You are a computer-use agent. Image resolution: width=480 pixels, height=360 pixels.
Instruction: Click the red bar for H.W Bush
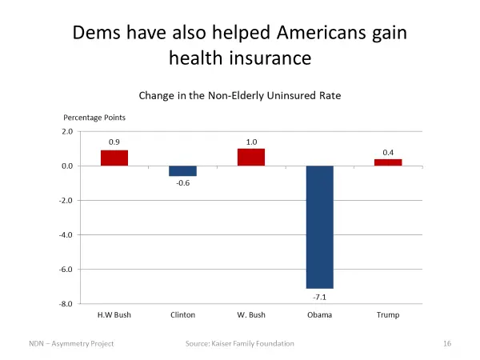[x=114, y=158]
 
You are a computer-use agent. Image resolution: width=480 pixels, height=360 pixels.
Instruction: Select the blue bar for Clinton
[x=182, y=170]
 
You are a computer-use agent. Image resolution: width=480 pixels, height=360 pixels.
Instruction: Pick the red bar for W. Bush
[x=251, y=157]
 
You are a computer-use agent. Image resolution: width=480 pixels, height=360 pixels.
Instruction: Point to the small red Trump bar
[x=388, y=162]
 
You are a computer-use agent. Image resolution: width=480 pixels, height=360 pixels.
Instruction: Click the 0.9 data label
[x=114, y=142]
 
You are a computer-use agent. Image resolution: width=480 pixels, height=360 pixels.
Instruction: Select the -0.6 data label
[x=182, y=183]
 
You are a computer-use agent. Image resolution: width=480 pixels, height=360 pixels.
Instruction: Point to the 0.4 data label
[x=388, y=152]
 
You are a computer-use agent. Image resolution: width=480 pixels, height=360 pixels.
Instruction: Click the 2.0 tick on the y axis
[x=66, y=131]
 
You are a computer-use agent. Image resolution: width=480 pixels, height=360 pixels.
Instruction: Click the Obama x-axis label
[x=319, y=315]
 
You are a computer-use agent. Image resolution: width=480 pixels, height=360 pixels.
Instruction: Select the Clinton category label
[x=182, y=315]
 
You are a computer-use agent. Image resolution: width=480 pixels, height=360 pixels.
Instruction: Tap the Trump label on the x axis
[x=388, y=315]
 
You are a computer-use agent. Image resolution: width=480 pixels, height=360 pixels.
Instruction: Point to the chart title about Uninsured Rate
[x=240, y=95]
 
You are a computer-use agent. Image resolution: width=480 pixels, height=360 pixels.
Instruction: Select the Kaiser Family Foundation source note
[x=240, y=343]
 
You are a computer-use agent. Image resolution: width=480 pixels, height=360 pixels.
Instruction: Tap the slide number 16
[x=448, y=343]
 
